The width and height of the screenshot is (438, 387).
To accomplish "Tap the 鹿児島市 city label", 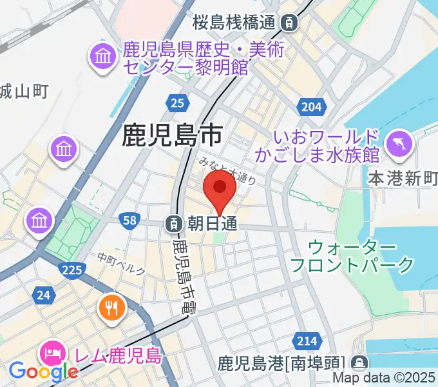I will coord(172,135).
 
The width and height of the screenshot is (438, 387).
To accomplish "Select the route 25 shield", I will coord(177,102).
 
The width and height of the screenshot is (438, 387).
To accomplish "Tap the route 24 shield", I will coord(44,296).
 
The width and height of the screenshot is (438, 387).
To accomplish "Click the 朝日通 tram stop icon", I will coord(173,224).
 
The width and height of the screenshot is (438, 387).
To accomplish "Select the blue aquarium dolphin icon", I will coord(397,143).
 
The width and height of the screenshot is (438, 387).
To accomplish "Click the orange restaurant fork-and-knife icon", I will coord(111,307).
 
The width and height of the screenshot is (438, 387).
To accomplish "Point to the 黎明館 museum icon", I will coord(102,57).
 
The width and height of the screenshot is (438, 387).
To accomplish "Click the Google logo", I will coord(43,371).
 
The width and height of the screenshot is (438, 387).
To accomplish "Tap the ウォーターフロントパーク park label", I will coord(351,255).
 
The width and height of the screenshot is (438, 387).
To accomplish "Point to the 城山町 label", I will coord(23,92).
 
